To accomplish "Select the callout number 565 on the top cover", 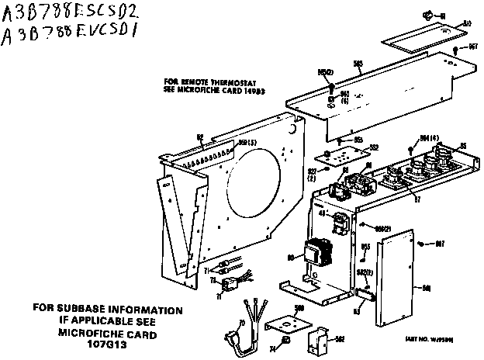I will click(358, 65).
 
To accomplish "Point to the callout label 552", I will click(373, 147).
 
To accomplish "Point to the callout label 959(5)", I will click(225, 144).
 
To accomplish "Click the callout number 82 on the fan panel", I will click(199, 137).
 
